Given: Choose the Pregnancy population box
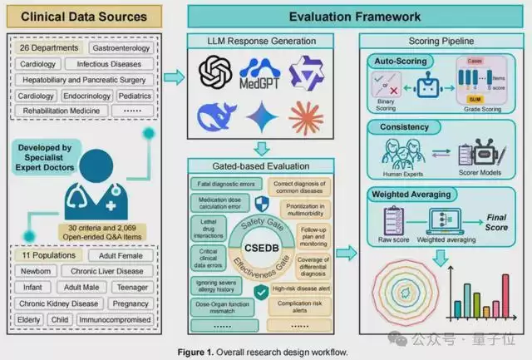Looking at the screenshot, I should [x=131, y=303].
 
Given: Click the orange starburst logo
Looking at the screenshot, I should [x=307, y=117].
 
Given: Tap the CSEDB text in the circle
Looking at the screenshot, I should [x=261, y=249].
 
